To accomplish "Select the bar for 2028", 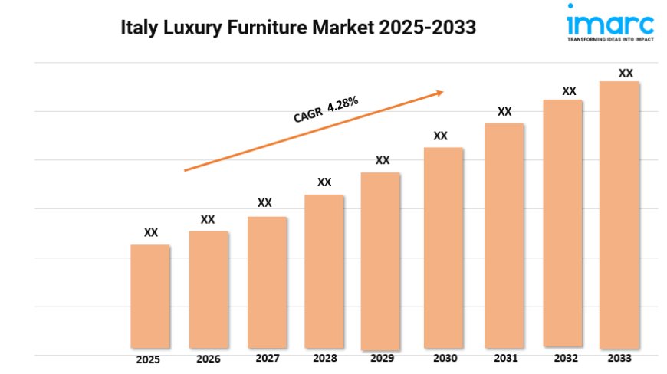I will [x=324, y=271].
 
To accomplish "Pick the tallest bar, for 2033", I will [x=619, y=215].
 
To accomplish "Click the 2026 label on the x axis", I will [x=208, y=359].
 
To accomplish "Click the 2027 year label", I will [x=267, y=358].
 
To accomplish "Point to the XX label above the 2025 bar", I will [x=151, y=232].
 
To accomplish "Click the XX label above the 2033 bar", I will [x=626, y=73].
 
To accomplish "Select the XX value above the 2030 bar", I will [x=440, y=136].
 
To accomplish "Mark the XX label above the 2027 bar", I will [x=264, y=203].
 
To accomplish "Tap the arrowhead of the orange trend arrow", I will [x=439, y=93].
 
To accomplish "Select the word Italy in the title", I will [x=139, y=28].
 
